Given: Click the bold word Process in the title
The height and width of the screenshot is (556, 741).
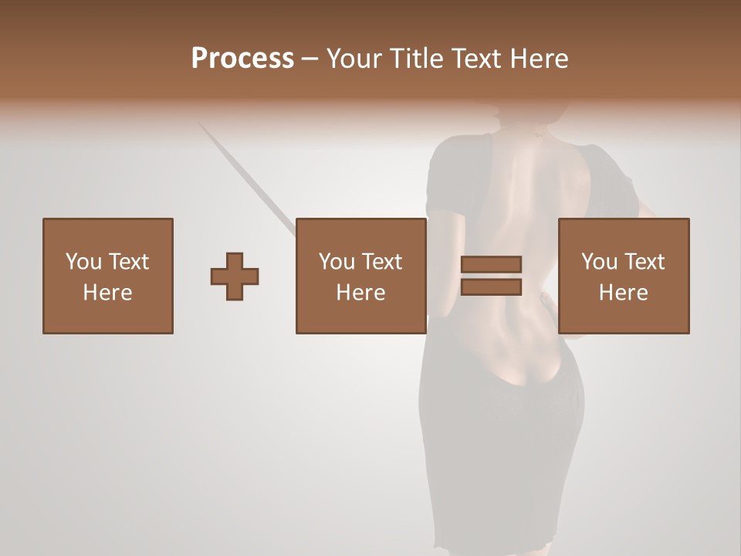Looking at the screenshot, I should pos(242,59).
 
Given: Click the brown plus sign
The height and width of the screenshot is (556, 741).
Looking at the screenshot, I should pos(235,276).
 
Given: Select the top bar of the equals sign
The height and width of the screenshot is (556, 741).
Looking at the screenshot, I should pos(491,264).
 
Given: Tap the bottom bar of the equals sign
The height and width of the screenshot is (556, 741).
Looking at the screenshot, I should pos(491,287).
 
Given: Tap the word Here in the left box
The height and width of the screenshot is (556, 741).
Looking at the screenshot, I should pos(107,293).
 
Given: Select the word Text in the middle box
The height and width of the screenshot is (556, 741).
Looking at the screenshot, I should pos(381,262).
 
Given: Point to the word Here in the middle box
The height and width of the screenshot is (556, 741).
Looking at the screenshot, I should pos(360,293).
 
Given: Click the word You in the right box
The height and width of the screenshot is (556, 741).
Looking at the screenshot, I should pos(599,262).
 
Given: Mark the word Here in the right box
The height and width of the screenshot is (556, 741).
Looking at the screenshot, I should pos(623,293).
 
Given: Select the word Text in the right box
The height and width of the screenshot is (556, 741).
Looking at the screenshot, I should pos(644,262).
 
